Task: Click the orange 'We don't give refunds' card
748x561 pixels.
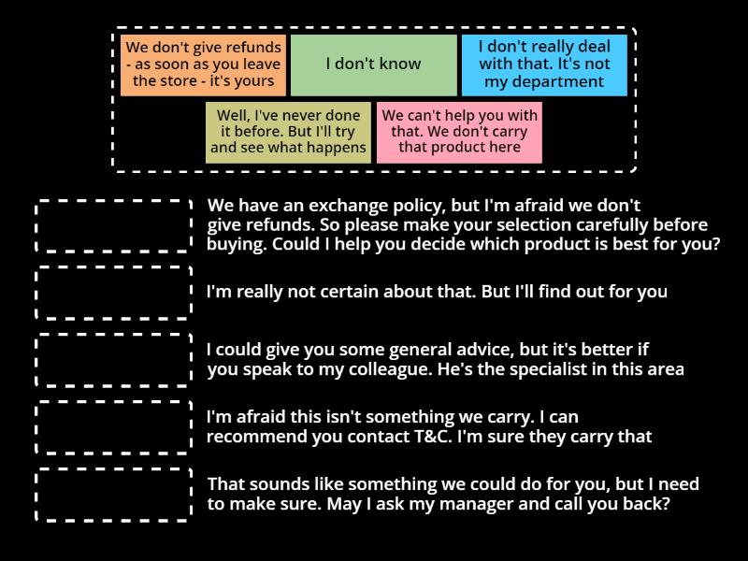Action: click(x=203, y=65)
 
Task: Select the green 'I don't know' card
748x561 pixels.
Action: click(x=373, y=65)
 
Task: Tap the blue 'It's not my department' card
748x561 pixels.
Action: click(x=543, y=65)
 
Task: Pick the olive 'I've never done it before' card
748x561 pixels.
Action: click(x=288, y=132)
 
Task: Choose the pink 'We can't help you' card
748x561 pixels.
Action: click(x=459, y=132)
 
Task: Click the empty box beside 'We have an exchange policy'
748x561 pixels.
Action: click(x=113, y=225)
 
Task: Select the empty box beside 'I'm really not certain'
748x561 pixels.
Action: click(x=113, y=292)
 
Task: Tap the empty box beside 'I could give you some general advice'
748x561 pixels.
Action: click(x=113, y=360)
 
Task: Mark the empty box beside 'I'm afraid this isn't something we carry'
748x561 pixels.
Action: click(x=113, y=427)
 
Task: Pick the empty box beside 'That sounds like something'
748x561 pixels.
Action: click(x=113, y=495)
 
